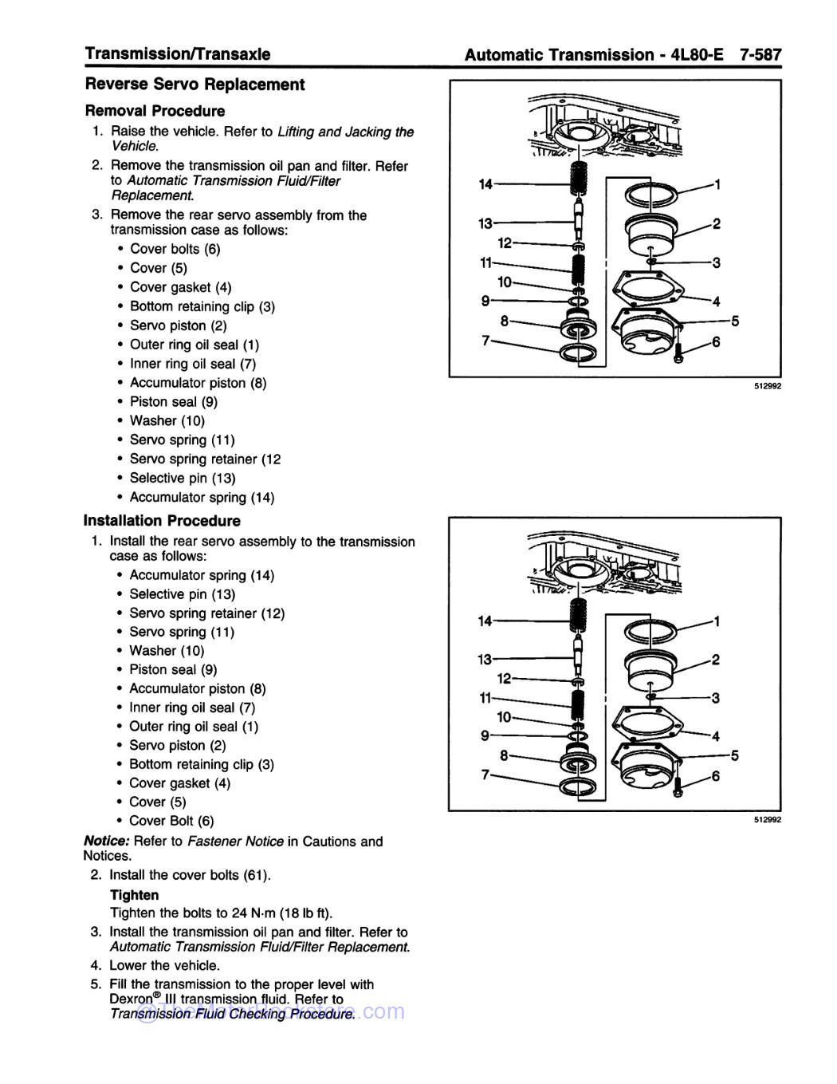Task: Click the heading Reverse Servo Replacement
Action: [x=195, y=85]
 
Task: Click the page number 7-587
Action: [x=760, y=55]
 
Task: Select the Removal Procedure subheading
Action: [x=155, y=111]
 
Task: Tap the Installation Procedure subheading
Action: [x=162, y=521]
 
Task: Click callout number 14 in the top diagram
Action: [x=485, y=184]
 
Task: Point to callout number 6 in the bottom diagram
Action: [x=716, y=775]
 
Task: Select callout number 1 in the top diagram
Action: [x=717, y=184]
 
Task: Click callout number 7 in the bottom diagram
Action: [x=485, y=775]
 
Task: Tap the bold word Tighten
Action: [x=134, y=895]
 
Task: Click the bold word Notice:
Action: [x=107, y=842]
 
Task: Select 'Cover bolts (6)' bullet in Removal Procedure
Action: [x=175, y=249]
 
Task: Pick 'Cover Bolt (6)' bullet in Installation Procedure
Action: [x=171, y=821]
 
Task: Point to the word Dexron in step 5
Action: [x=131, y=999]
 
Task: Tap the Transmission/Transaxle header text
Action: [x=178, y=54]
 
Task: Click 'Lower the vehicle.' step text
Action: [x=164, y=965]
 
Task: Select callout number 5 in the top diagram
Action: [x=735, y=321]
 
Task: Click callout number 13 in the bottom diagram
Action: [x=485, y=660]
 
